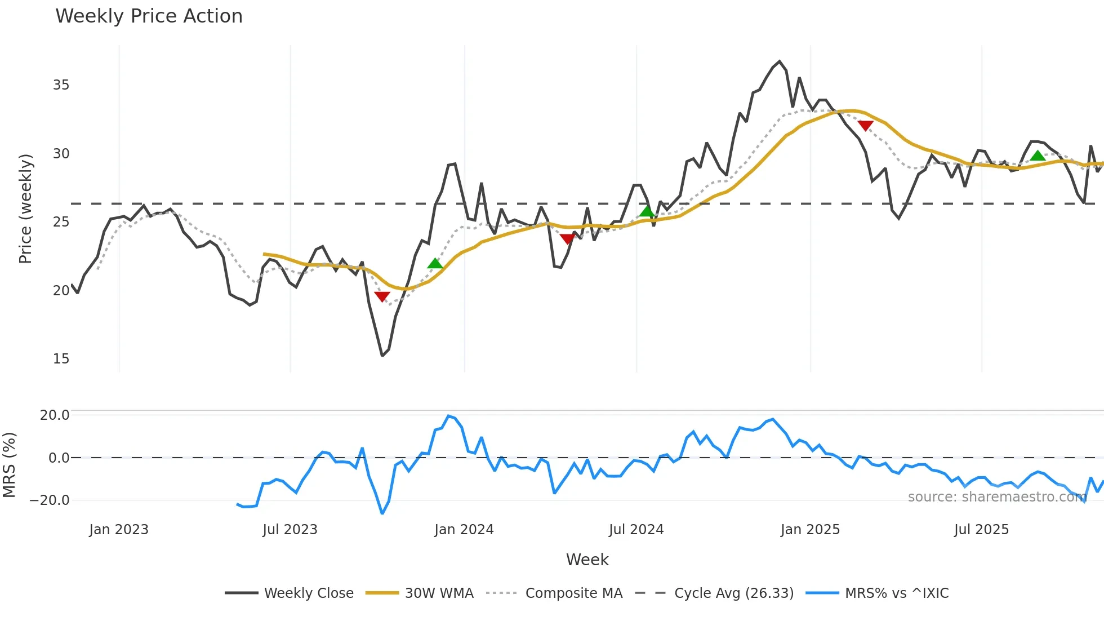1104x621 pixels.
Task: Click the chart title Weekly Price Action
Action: tap(149, 16)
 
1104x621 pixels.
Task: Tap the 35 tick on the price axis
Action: tap(61, 85)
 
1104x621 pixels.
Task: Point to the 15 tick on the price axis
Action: tap(61, 359)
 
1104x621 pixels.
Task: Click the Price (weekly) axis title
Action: tap(25, 209)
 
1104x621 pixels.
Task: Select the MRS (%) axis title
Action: tap(9, 465)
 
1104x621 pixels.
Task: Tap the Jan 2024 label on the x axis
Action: tap(464, 530)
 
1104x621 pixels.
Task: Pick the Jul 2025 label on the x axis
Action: tap(981, 530)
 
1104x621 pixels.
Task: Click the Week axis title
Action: tap(587, 560)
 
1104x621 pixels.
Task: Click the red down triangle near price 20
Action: tap(382, 296)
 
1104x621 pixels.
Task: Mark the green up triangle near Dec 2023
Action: tap(435, 264)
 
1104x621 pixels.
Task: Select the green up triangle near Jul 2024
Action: tap(647, 212)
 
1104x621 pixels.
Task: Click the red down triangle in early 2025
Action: tap(865, 126)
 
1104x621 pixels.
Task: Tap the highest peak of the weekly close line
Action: tap(780, 61)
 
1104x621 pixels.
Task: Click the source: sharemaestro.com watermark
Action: tap(997, 497)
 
